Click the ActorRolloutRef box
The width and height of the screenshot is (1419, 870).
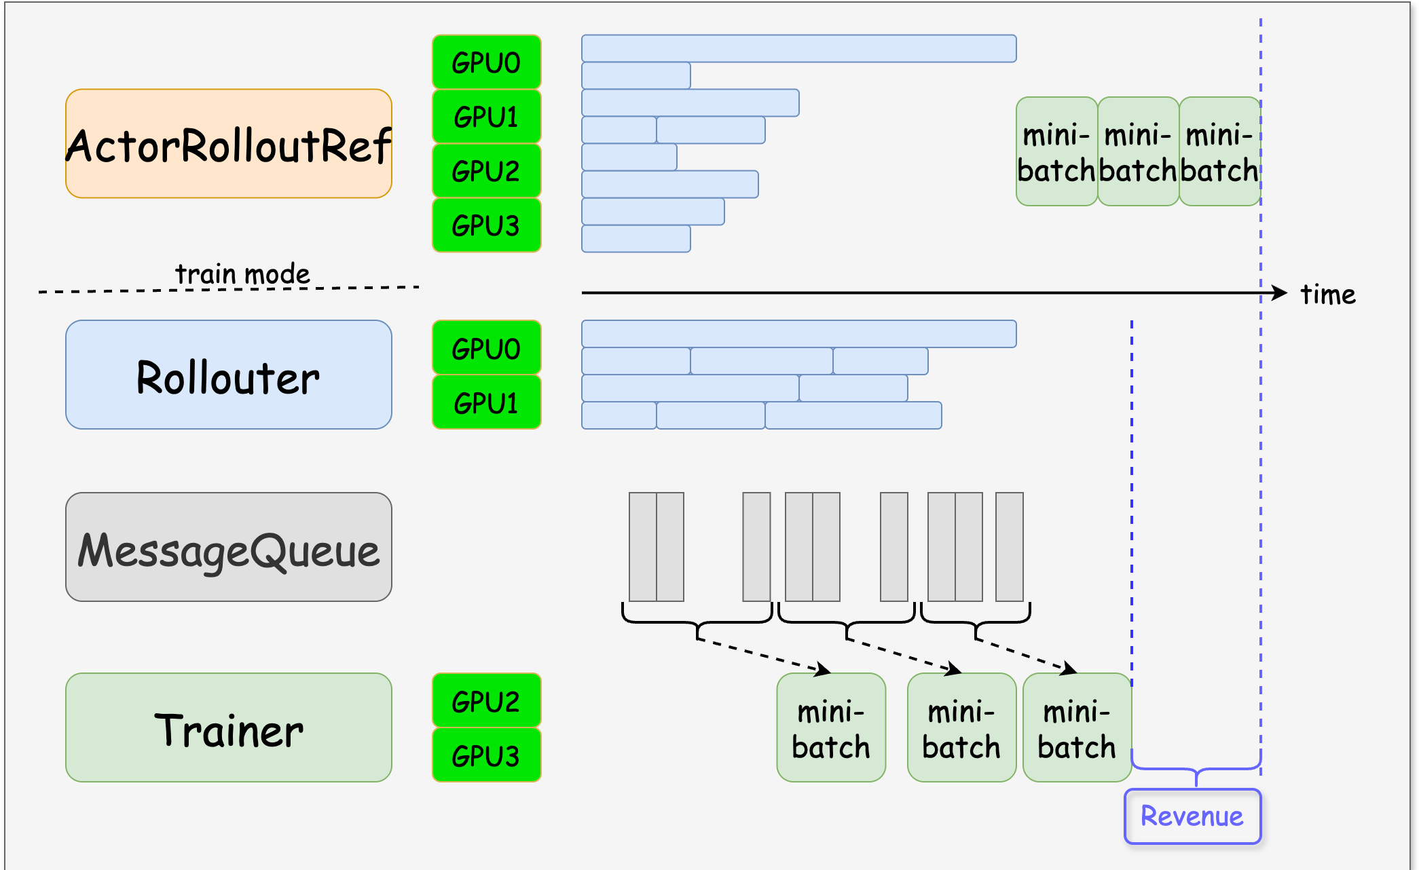(228, 144)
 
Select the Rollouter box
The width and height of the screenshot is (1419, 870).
(228, 375)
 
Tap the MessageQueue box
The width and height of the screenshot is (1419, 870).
(228, 547)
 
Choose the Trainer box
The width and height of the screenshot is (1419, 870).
(228, 727)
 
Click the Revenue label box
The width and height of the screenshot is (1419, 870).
(1192, 816)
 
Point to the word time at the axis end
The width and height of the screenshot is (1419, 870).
(1327, 295)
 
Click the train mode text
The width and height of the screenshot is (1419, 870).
(242, 274)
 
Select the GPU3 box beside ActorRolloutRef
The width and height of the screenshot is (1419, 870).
(486, 225)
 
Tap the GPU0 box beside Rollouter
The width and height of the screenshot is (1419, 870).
(486, 347)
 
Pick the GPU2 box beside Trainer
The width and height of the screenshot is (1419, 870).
(486, 700)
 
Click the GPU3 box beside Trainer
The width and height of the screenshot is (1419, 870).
(486, 755)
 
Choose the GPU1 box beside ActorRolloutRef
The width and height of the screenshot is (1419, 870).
(486, 117)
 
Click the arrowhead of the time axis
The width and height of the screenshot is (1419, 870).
(1280, 292)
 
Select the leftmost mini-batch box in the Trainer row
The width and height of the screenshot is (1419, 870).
(831, 727)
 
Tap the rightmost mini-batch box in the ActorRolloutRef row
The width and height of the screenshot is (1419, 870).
(1219, 151)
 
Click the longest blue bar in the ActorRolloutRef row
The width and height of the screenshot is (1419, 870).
(798, 49)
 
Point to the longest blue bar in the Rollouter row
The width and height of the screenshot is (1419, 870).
(798, 334)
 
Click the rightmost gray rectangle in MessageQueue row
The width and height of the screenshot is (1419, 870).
(1009, 547)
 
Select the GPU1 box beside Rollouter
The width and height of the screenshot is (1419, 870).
(486, 402)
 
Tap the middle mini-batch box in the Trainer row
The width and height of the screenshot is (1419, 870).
(961, 727)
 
